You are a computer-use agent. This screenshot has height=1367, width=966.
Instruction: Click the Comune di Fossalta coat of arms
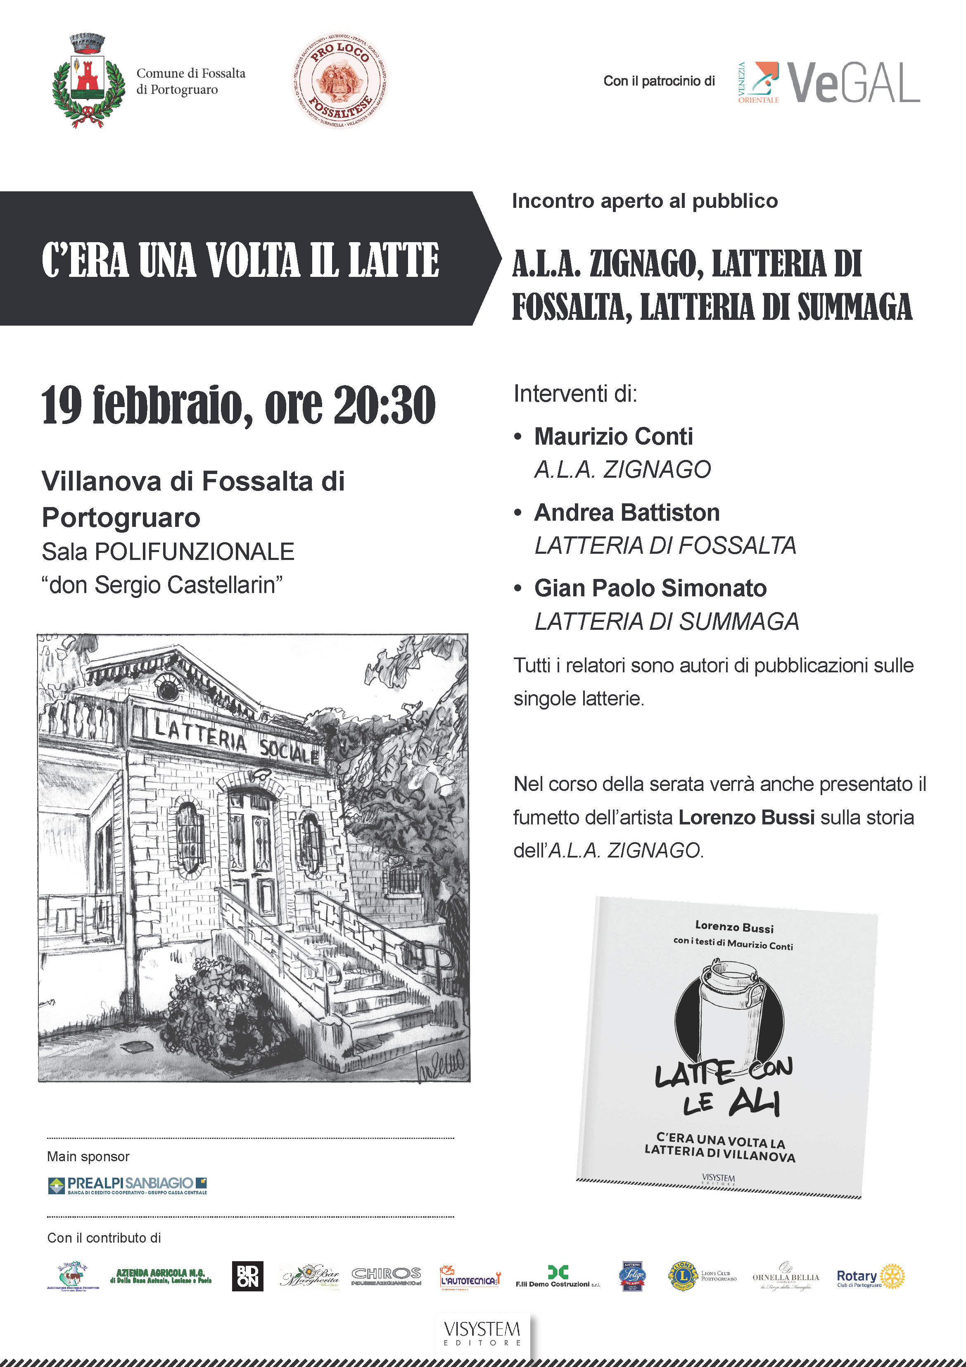pos(88,81)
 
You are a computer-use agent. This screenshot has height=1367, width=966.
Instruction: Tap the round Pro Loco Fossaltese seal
pos(340,81)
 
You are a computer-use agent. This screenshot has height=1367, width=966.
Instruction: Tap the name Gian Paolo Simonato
pos(650,588)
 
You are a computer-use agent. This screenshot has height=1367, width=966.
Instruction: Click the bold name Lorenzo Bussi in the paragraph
pos(746,817)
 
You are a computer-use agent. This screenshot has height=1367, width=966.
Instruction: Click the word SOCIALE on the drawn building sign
pos(289,750)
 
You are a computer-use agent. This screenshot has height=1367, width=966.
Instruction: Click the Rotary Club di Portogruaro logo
pos(870,1277)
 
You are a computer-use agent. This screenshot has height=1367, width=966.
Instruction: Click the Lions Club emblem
pos(683,1276)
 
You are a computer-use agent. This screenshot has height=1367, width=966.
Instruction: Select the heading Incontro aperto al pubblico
pos(645,201)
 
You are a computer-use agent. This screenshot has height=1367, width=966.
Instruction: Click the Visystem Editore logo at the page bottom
pos(482,1332)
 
